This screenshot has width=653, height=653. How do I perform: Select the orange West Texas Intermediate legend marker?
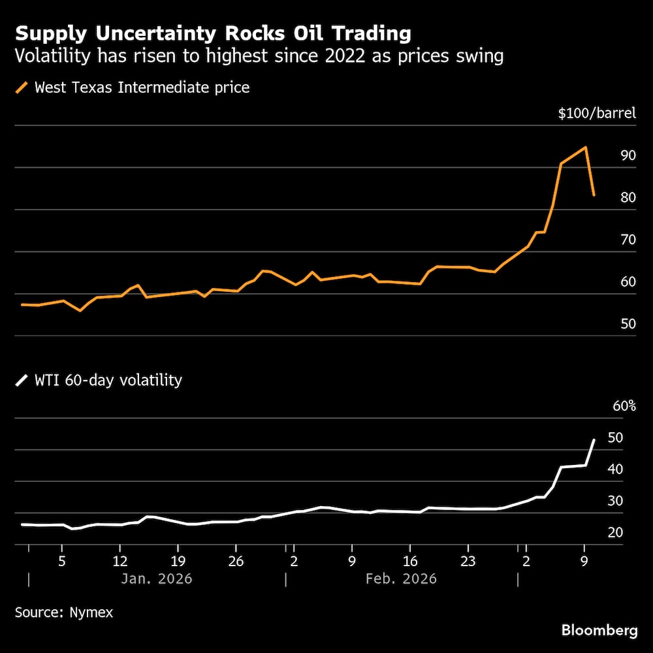(x=23, y=87)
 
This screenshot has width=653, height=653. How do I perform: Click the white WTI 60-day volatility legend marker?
(x=23, y=380)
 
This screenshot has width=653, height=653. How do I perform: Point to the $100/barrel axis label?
(x=596, y=114)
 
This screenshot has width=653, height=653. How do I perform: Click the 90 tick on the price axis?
(x=628, y=155)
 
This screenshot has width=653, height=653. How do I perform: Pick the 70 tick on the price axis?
(x=628, y=240)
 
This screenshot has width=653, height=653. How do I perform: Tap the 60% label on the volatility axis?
(x=624, y=406)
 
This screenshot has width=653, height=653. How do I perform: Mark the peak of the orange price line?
(x=586, y=147)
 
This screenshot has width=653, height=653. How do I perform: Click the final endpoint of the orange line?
(x=594, y=195)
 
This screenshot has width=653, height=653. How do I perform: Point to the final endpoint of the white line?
(x=594, y=439)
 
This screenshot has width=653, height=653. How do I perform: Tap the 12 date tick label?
(x=120, y=561)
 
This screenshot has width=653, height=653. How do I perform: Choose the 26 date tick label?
(x=236, y=561)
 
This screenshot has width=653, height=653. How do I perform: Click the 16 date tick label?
(x=409, y=561)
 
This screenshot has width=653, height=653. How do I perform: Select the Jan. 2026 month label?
(x=157, y=579)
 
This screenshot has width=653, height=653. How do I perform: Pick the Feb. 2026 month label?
(x=402, y=579)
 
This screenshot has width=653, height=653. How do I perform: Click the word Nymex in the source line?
(x=94, y=613)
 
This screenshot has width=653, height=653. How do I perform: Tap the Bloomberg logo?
(x=599, y=630)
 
